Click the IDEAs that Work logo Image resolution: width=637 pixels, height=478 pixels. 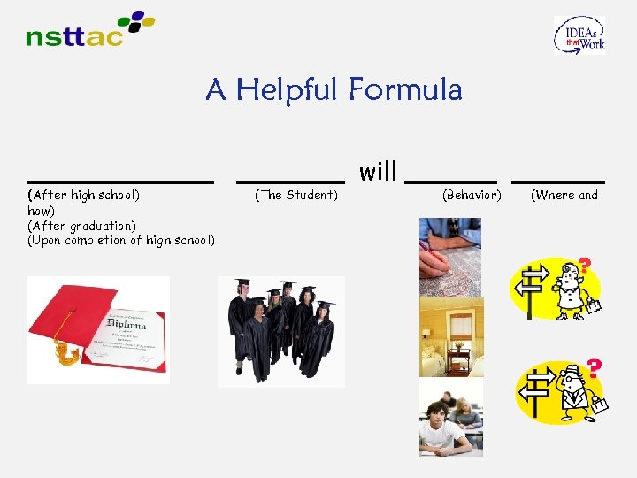[x=579, y=35]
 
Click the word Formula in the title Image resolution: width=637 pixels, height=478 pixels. [x=405, y=89]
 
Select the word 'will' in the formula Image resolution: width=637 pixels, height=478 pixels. [x=378, y=172]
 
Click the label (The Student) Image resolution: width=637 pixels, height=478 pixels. [x=295, y=195]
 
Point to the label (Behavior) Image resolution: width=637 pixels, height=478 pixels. [x=471, y=195]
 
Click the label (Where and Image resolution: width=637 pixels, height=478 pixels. [x=564, y=195]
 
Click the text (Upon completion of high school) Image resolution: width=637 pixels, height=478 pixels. [x=121, y=240]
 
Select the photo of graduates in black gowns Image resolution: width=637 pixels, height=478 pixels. [x=281, y=331]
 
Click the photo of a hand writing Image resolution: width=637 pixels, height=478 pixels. [x=450, y=257]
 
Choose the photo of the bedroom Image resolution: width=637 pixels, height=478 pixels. [x=450, y=337]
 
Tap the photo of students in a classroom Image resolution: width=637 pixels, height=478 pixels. [x=450, y=417]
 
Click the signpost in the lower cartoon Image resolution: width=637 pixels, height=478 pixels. [x=533, y=390]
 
